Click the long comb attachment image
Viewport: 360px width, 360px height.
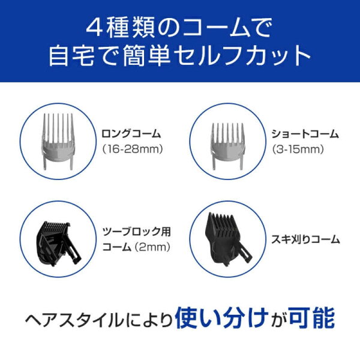pos(58,142)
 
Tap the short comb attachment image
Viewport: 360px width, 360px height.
pos(227,146)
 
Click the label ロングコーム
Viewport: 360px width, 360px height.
pos(131,134)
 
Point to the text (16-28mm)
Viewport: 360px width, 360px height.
pos(132,149)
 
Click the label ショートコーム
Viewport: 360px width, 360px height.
pos(305,134)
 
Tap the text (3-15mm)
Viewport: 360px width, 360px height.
pos(298,149)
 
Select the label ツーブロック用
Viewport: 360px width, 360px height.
pos(136,232)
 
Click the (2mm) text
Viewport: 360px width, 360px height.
pos(152,247)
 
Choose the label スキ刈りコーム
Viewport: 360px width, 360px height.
pos(305,239)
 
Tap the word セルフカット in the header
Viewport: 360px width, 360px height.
pos(244,56)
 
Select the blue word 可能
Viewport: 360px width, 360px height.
pos(311,318)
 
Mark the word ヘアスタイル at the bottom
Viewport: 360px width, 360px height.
pos(74,320)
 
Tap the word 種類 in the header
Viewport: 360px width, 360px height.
pos(131,29)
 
